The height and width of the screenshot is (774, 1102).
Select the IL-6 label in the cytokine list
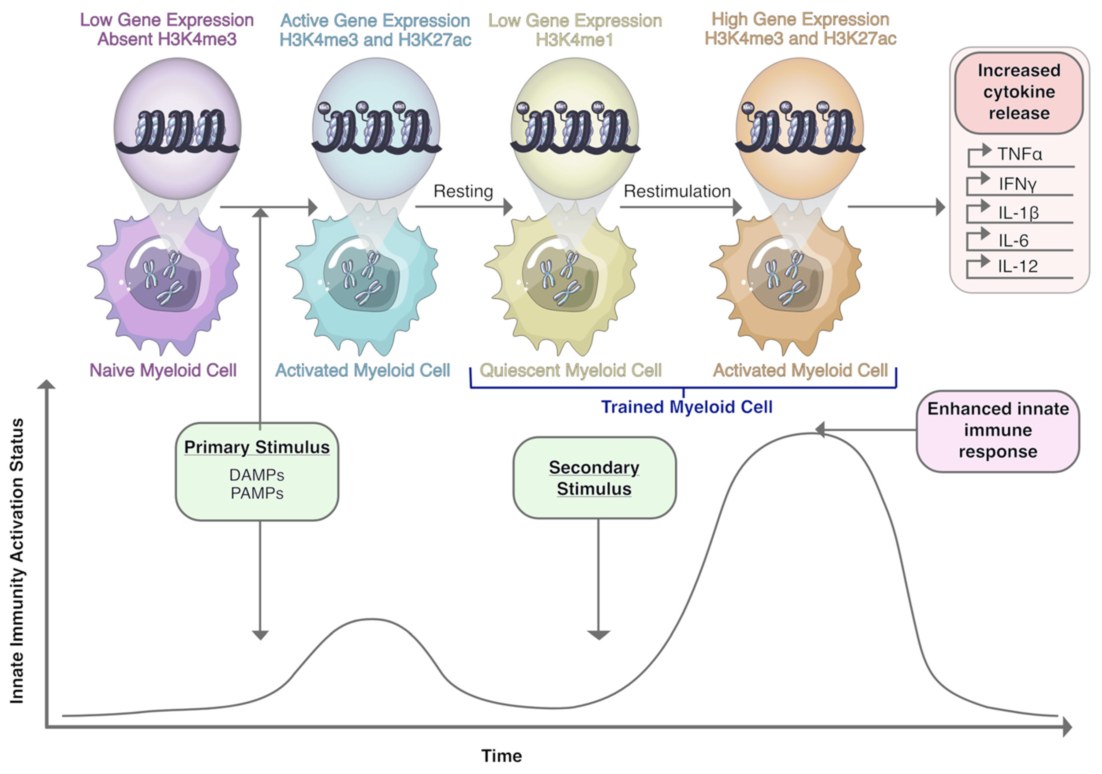1013,240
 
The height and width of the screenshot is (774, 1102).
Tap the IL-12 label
1017,266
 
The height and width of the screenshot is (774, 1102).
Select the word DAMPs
257,475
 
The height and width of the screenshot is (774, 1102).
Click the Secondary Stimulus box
594,478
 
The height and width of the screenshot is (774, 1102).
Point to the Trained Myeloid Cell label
686,407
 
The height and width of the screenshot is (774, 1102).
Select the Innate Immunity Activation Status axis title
17,561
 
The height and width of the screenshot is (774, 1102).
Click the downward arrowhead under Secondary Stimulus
598,635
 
